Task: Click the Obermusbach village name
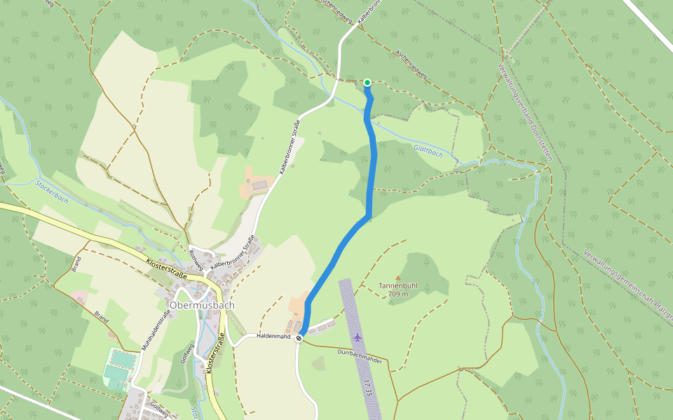[x=202, y=306]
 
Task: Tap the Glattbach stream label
[x=428, y=149]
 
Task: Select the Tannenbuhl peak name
[x=397, y=286]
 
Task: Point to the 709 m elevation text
[x=397, y=294]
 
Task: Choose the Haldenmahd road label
[x=273, y=336]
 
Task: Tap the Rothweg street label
[x=196, y=260]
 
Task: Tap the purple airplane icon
[x=358, y=337]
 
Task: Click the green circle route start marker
[x=367, y=83]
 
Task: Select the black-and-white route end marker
[x=299, y=338]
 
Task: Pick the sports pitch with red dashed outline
[x=121, y=360]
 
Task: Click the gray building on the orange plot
[x=258, y=185]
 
